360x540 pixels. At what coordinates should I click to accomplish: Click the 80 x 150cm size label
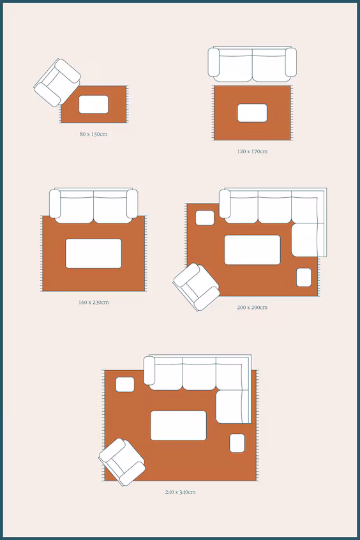click(x=93, y=134)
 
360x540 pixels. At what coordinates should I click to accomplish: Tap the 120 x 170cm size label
click(x=252, y=151)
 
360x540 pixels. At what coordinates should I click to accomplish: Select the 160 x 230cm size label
click(x=93, y=303)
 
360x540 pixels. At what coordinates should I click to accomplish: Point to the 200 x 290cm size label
click(x=252, y=307)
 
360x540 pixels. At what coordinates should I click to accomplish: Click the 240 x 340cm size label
click(x=180, y=492)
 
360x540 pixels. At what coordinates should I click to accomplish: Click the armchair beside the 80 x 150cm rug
click(x=57, y=82)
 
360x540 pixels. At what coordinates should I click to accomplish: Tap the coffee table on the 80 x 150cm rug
click(x=93, y=104)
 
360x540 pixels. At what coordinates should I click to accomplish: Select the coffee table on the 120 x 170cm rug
click(x=252, y=113)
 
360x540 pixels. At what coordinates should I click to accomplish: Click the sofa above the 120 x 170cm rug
click(x=252, y=64)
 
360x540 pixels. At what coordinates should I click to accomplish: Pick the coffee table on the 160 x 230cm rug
click(x=93, y=253)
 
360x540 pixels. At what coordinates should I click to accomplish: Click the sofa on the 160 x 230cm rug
click(x=93, y=206)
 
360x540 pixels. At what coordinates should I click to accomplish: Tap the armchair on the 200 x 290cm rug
click(x=196, y=287)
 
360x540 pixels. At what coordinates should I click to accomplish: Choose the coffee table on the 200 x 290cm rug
click(x=252, y=250)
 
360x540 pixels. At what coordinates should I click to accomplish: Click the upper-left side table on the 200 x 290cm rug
click(x=205, y=218)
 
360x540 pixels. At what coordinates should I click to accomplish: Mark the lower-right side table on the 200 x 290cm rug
click(x=304, y=278)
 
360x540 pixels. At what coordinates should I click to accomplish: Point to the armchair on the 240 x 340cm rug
click(x=122, y=462)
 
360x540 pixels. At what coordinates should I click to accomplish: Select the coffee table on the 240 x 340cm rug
click(x=179, y=425)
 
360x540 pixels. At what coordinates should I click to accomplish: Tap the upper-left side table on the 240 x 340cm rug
click(x=124, y=384)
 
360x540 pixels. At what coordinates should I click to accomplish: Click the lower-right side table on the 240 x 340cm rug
click(x=237, y=443)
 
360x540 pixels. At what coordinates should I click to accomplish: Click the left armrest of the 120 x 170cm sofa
click(x=214, y=63)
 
